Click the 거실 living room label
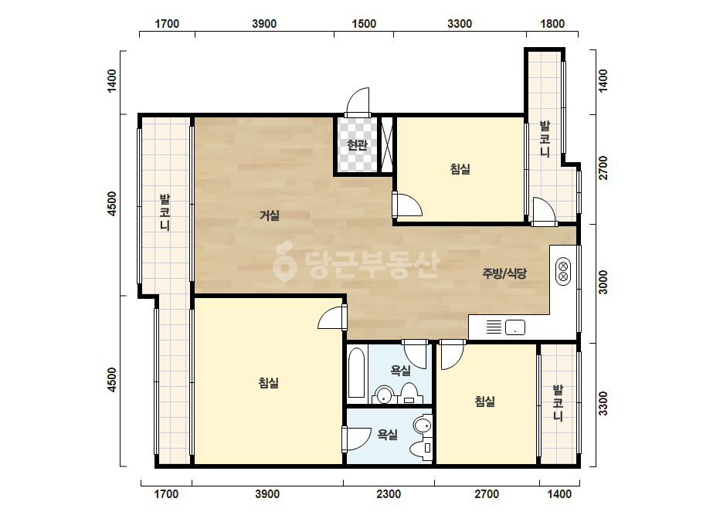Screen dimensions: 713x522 pos(270,215)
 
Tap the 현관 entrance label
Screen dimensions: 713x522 pos(357,145)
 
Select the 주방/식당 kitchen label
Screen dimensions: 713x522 pos(504,273)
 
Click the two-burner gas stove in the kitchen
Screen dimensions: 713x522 pos(563,272)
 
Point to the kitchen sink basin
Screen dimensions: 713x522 pos(514,327)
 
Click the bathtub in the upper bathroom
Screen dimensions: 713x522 pos(357,373)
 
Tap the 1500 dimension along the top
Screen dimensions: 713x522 pos(364,24)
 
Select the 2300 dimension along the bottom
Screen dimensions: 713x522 pos(389,493)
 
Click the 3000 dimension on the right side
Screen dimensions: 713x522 pos(603,283)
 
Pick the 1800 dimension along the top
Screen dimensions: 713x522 pos(552,24)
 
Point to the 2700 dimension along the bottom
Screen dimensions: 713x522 pos(487,493)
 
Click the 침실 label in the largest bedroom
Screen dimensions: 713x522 pos(269,383)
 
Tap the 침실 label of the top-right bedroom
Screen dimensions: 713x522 pos(460,169)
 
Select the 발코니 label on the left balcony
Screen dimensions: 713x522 pos(165,212)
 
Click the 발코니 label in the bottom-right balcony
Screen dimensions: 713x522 pos(558,403)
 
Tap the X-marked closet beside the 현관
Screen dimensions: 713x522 pos(386,145)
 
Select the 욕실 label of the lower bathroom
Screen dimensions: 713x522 pos(388,435)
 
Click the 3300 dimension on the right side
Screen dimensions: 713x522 pos(603,403)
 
